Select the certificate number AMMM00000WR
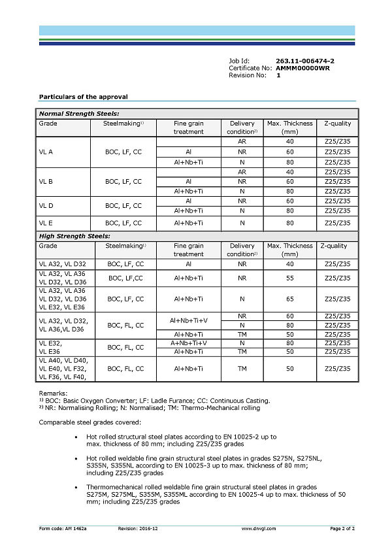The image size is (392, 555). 302,68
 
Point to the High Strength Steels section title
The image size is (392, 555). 74,236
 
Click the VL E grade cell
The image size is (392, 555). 46,223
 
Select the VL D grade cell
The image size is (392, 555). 46,206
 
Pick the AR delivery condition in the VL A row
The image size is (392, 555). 242,141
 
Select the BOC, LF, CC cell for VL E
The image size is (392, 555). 123,223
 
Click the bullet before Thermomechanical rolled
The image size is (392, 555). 78,488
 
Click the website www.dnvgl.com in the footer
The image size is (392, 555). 259,528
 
